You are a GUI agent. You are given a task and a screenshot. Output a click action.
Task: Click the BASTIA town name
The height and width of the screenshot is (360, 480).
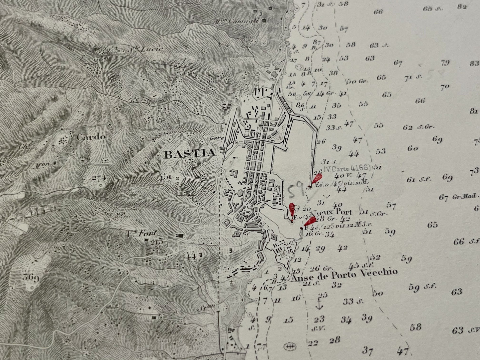(190, 154)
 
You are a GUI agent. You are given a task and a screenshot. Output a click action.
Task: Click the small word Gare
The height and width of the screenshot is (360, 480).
(215, 137)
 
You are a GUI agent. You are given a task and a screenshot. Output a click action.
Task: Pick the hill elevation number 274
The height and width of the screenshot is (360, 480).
(99, 177)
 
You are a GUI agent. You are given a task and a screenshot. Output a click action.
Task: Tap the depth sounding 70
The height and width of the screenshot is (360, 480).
(445, 88)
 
